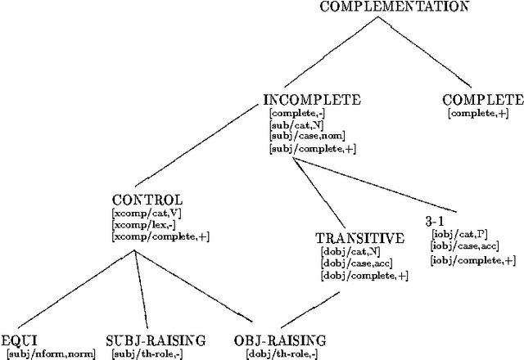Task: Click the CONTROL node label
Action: (147, 200)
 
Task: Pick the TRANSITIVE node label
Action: (359, 239)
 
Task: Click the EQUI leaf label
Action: (20, 340)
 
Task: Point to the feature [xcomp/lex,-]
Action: (142, 224)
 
